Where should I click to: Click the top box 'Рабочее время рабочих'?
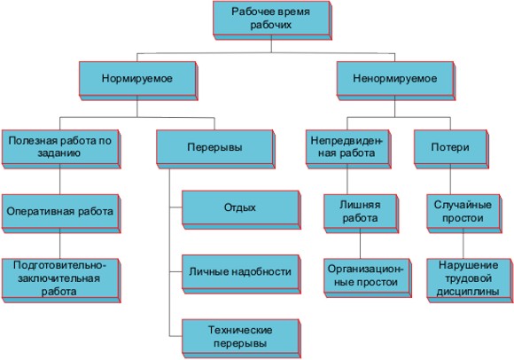272,20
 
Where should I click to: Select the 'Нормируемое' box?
138,81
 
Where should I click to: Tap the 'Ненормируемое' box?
395,81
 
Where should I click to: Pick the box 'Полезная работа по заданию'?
61,149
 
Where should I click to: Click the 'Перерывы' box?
215,149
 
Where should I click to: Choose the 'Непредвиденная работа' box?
348,149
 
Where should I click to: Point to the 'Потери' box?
451,149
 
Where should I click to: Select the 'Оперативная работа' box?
61,214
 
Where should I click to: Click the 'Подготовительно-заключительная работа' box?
61,280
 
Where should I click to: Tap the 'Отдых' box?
241,210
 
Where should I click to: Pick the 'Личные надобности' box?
241,274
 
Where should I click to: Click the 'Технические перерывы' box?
241,339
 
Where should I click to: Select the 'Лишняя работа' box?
361,214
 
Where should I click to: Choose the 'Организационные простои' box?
367,278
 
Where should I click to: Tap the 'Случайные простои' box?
463,214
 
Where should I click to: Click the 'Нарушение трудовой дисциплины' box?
470,280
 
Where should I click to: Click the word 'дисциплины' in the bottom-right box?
468,292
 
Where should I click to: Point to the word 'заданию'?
59,153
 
